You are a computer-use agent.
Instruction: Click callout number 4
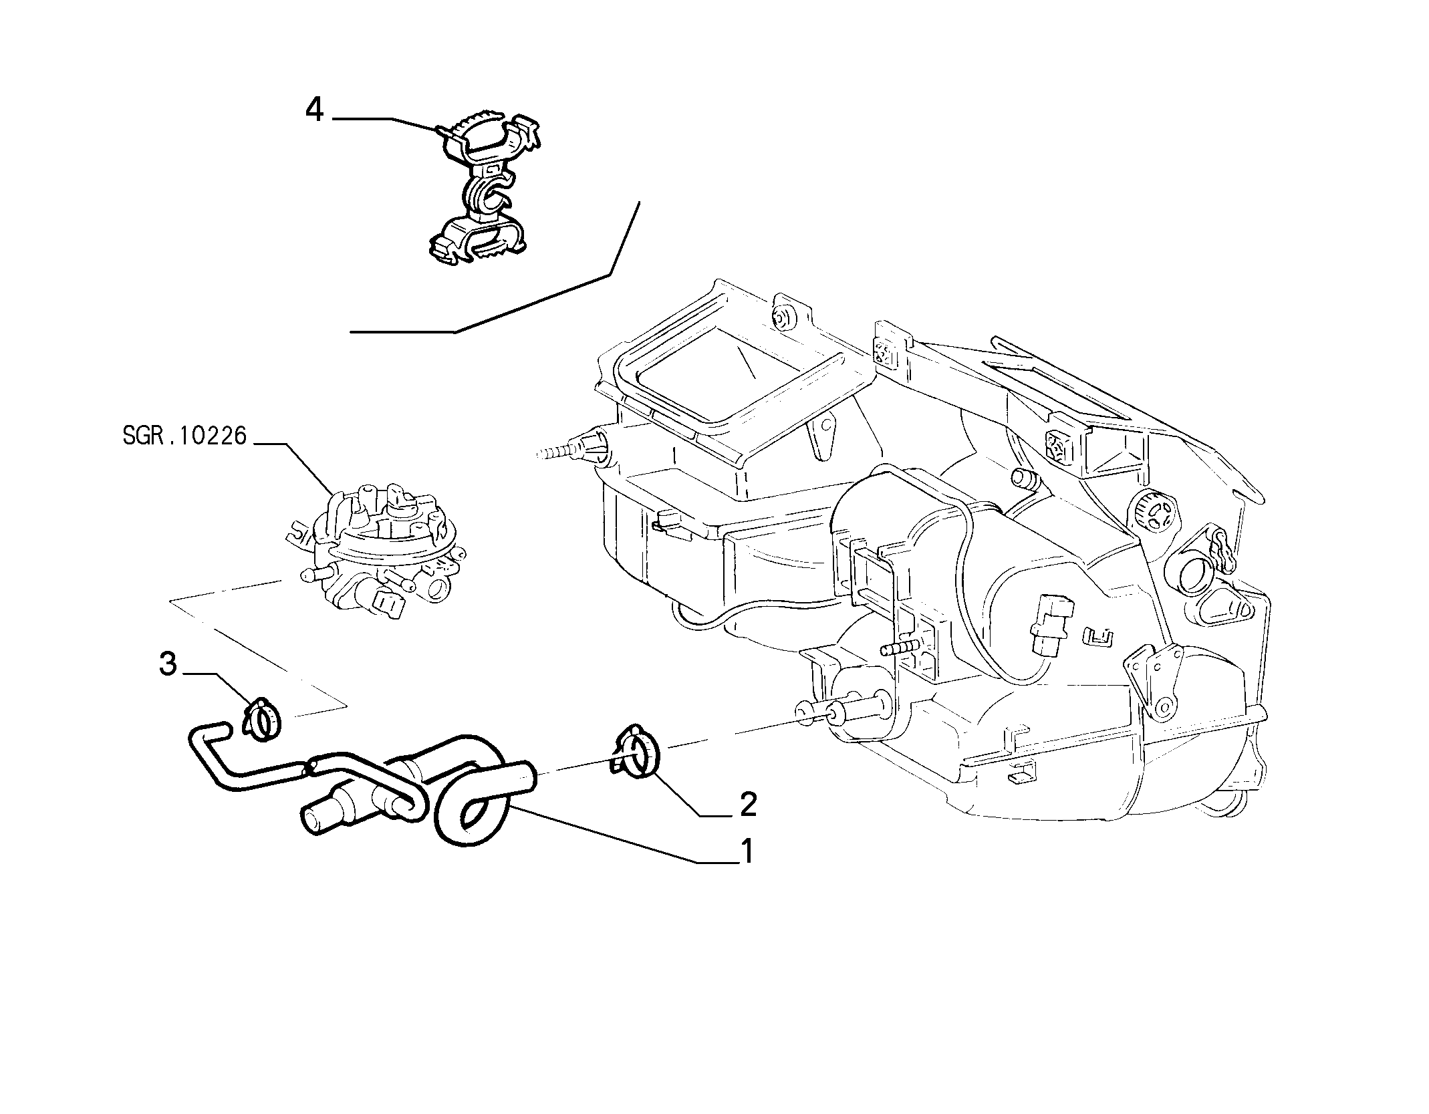(x=314, y=110)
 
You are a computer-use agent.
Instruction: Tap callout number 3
(x=168, y=665)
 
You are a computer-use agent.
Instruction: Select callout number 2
(x=748, y=805)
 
